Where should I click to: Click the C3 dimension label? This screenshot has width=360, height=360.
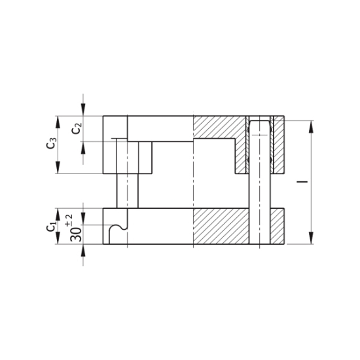tap(52, 144)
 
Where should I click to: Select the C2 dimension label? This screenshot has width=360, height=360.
tap(77, 128)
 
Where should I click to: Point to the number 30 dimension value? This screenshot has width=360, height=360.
tap(76, 233)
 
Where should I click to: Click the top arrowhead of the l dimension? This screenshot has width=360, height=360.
tap(311, 125)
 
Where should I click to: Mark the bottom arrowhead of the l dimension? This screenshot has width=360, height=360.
tap(311, 239)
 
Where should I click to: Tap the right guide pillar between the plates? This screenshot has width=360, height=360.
tap(260, 190)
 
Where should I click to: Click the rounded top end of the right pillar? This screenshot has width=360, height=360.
tap(260, 122)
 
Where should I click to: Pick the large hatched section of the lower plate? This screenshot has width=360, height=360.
tap(221, 226)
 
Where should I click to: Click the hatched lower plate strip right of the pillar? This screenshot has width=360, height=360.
tap(278, 226)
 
